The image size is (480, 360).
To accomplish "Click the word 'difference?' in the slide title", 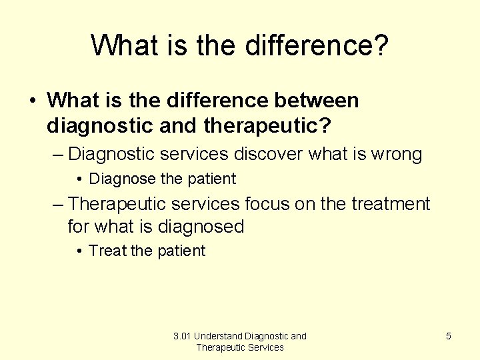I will (317, 45).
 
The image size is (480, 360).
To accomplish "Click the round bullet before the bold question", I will (33, 101).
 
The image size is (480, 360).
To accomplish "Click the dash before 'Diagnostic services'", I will (58, 155).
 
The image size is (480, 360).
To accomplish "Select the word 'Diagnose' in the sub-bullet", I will (119, 179).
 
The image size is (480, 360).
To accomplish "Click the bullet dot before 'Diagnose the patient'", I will (79, 179).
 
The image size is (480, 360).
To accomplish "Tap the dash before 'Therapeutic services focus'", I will (58, 204).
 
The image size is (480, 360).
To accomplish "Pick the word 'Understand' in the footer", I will (218, 336).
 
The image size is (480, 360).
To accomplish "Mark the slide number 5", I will (448, 336).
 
